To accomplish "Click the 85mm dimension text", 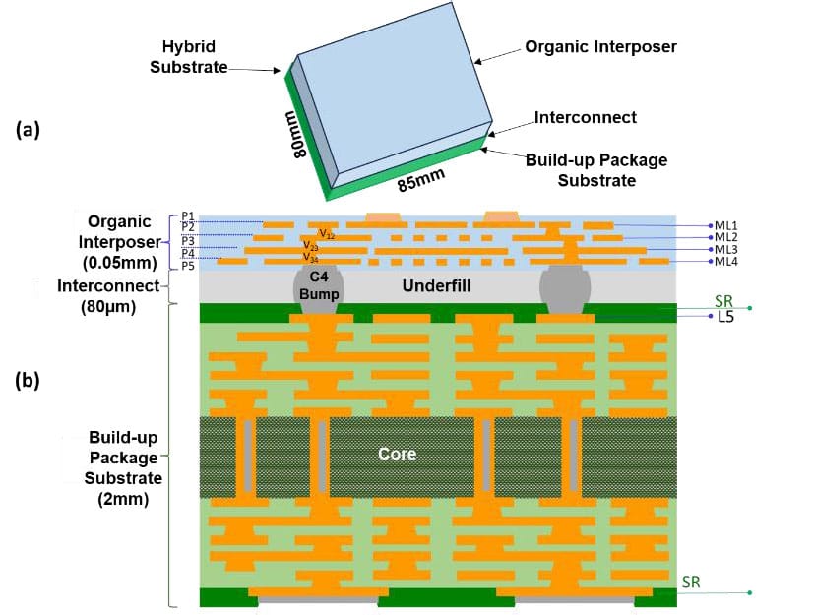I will tap(421, 180).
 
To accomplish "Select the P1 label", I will tap(188, 215).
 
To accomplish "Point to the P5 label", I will tap(188, 265).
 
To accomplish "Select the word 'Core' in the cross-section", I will tap(398, 454).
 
